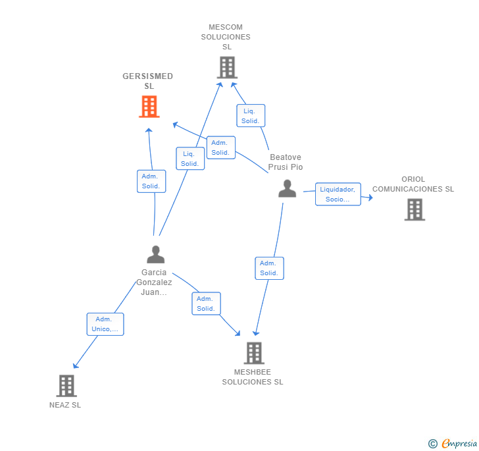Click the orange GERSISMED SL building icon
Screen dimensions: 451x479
149,107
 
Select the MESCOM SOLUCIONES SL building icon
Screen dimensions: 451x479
227,67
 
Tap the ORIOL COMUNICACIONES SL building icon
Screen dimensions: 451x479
415,209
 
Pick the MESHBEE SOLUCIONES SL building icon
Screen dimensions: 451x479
254,354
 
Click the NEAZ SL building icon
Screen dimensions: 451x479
66,386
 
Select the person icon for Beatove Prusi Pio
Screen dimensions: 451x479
287,189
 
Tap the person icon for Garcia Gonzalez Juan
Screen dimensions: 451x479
155,254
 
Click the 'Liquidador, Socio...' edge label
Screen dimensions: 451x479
338,194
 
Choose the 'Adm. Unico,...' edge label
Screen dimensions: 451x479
105,324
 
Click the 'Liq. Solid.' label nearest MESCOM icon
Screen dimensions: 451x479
250,116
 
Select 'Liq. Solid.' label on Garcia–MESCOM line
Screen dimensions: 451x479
190,159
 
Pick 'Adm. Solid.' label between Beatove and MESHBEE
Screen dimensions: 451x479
268,268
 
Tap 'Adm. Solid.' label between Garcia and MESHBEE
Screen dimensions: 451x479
206,304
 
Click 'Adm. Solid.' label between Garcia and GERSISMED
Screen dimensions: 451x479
151,181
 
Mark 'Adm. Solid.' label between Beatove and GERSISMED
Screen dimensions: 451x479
220,147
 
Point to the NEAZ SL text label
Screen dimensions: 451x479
65,405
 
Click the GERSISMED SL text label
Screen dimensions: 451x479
148,81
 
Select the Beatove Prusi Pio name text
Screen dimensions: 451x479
286,162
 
